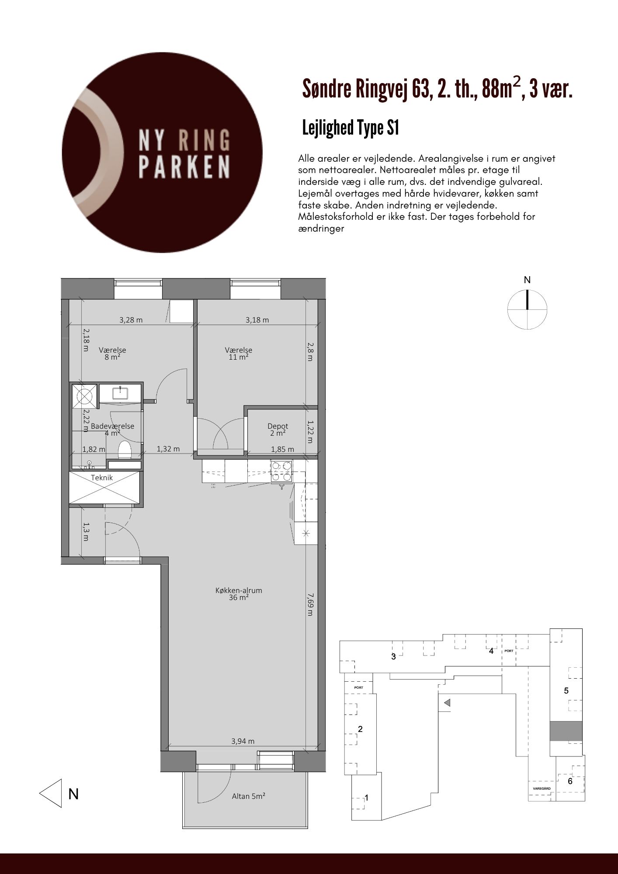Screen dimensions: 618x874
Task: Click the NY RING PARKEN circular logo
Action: tap(163, 153)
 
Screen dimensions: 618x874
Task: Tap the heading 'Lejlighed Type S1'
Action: tap(351, 128)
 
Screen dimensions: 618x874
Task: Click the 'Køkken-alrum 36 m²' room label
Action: tap(239, 593)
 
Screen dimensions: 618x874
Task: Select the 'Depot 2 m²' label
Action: tap(278, 430)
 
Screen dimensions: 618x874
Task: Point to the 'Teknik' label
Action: tap(102, 478)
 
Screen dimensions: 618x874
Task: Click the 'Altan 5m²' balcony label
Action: tap(249, 796)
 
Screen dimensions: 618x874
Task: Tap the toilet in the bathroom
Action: tap(125, 450)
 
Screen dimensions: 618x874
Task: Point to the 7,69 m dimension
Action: tap(310, 604)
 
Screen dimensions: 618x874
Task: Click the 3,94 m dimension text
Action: tap(243, 741)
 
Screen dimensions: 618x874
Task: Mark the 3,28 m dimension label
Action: tap(131, 320)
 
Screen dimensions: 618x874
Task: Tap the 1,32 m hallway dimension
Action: tap(168, 449)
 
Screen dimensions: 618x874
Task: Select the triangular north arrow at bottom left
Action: tap(51, 793)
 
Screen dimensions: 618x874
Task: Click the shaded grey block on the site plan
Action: tap(566, 731)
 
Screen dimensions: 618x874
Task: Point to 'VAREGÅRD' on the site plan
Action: tap(542, 788)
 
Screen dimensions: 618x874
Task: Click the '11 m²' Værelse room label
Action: tap(239, 357)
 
